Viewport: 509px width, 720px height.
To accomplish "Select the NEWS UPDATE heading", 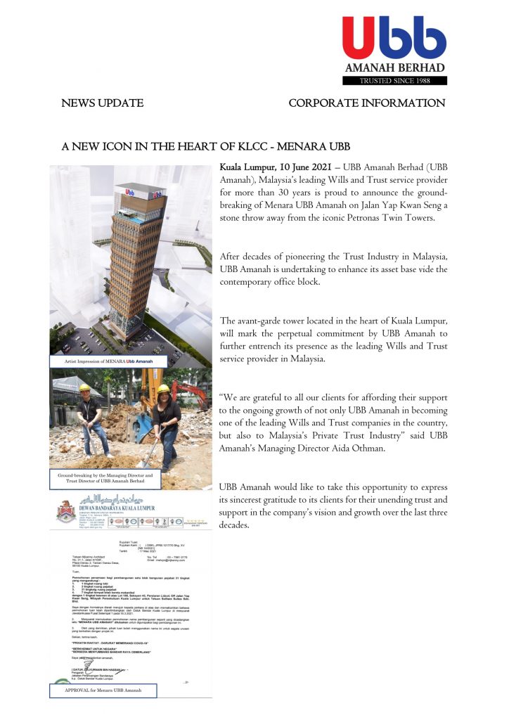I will (x=103, y=103).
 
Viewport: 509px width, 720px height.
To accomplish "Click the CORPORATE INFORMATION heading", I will (x=366, y=103).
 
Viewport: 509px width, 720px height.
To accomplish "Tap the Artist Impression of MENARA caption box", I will (x=112, y=361).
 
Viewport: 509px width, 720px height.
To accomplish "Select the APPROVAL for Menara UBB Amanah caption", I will (x=103, y=690).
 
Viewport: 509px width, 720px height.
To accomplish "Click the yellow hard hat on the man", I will (x=85, y=387).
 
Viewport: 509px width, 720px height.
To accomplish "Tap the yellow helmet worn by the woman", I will (x=164, y=389).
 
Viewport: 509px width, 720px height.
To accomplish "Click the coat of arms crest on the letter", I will (x=66, y=510).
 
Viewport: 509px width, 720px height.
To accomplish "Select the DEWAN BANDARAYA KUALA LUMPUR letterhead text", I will (x=117, y=508).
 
